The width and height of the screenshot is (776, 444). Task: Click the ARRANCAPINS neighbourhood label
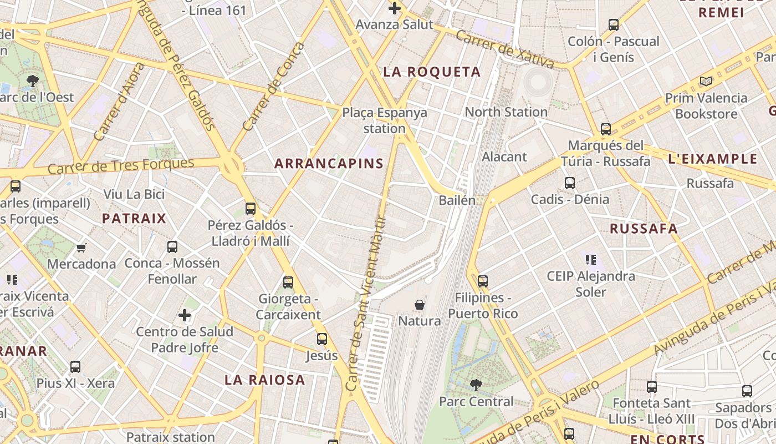click(x=329, y=163)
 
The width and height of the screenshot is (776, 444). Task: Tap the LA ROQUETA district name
click(x=432, y=72)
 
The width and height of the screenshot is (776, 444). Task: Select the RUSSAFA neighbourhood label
click(x=644, y=228)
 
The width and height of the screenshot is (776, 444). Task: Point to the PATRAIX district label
click(x=134, y=218)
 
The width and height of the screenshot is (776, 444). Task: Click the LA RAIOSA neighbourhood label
click(x=265, y=380)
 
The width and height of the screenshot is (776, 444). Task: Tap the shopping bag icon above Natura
click(x=420, y=305)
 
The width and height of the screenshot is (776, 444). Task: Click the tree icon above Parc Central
click(x=476, y=385)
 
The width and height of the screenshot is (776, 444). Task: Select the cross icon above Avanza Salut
click(x=394, y=8)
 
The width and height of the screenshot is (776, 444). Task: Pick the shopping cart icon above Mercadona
click(x=81, y=248)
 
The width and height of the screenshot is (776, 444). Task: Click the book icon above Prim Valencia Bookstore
click(x=706, y=82)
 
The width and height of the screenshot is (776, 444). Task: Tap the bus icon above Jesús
click(x=321, y=339)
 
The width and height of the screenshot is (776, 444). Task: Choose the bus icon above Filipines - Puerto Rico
click(x=483, y=281)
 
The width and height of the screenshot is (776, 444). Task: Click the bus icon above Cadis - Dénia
click(x=569, y=183)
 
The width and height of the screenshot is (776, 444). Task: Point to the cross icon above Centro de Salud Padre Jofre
click(x=185, y=316)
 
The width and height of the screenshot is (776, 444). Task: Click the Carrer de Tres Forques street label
click(x=121, y=165)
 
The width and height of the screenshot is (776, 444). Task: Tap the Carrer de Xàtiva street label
click(x=504, y=50)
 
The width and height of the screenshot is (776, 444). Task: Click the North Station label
click(x=506, y=112)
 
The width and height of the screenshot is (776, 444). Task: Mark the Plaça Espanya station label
click(x=384, y=120)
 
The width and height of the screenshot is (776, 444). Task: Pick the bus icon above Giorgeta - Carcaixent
click(x=288, y=282)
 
